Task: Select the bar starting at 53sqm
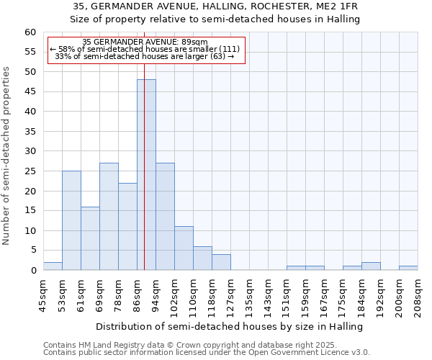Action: tap(71, 220)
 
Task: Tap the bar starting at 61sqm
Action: tap(90, 238)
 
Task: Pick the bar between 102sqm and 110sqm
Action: tap(184, 248)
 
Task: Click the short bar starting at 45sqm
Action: tap(53, 266)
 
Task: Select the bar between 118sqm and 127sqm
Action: tap(221, 262)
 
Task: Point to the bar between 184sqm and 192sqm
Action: tap(371, 266)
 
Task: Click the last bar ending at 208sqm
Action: tap(408, 268)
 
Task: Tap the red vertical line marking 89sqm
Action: tap(144, 144)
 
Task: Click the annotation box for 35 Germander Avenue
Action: tap(146, 49)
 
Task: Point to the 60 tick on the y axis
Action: tap(30, 32)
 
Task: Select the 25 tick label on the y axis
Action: tap(30, 171)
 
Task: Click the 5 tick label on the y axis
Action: tap(33, 251)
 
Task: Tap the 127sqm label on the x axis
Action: tap(231, 297)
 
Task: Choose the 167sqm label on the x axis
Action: tap(325, 297)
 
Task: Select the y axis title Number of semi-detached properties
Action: tap(6, 156)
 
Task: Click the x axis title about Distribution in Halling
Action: tap(229, 326)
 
